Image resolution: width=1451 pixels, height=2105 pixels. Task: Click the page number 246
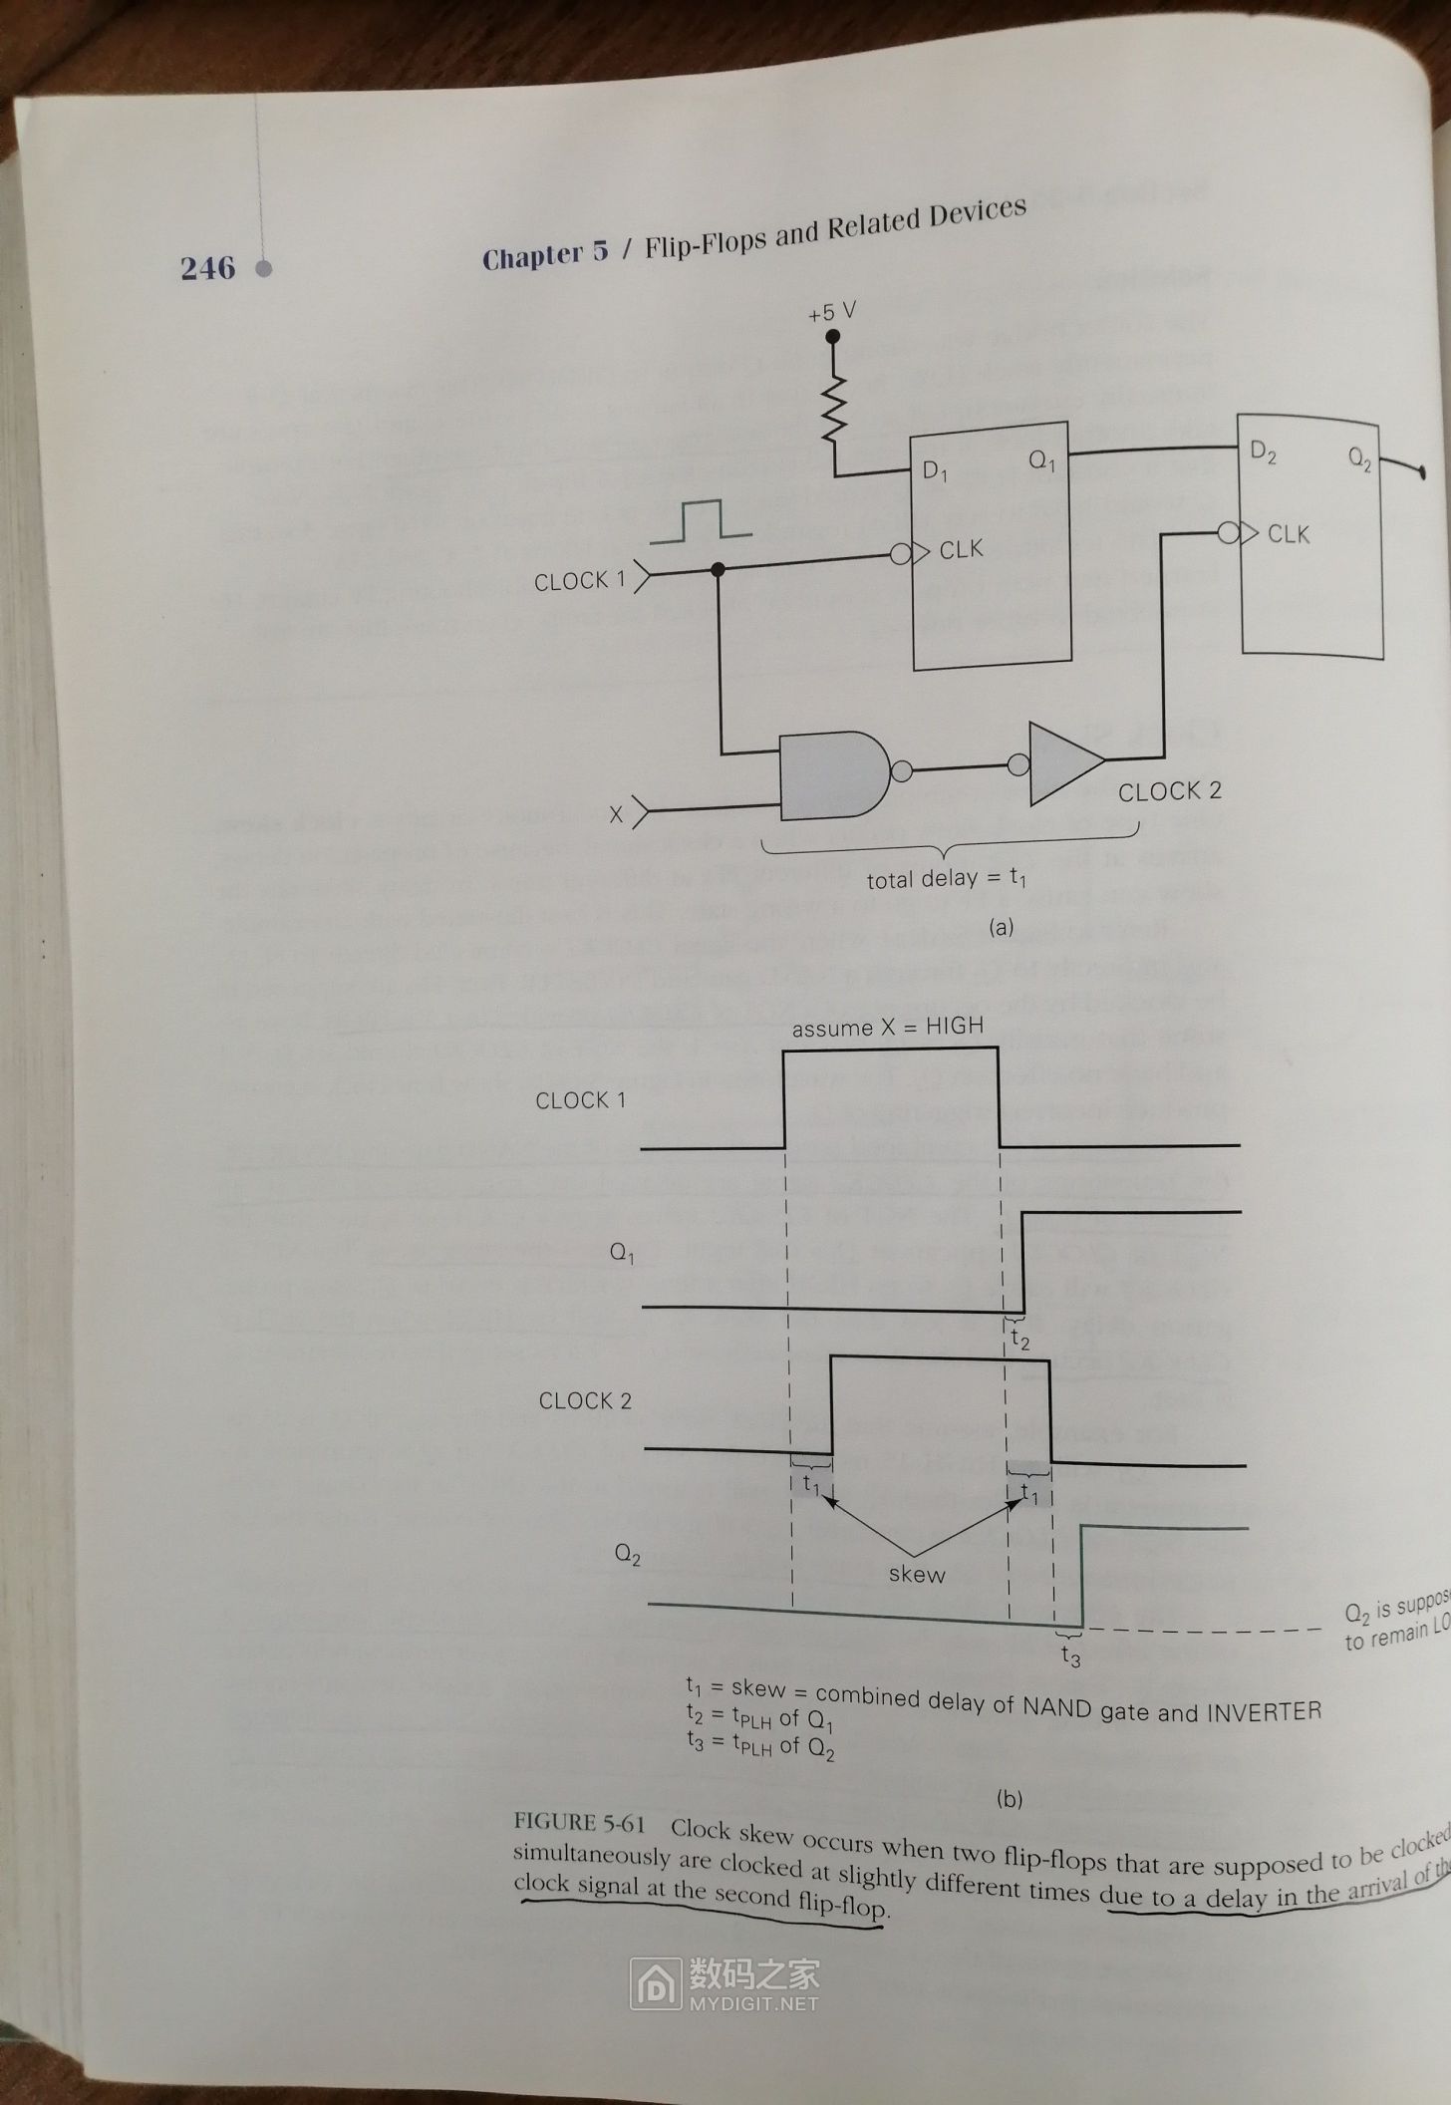click(x=207, y=268)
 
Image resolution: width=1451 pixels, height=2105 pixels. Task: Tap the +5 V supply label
click(x=832, y=312)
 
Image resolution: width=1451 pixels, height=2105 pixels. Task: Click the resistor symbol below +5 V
click(x=833, y=410)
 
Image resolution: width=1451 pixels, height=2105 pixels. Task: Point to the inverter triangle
click(x=1063, y=762)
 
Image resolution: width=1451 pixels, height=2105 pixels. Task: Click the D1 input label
click(x=935, y=471)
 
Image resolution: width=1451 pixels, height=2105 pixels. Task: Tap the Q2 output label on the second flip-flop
click(x=1359, y=458)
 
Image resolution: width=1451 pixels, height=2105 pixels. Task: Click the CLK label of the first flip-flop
click(x=961, y=549)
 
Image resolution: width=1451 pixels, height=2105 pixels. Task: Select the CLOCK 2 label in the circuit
click(x=1169, y=791)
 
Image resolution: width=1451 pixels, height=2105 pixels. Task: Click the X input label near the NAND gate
click(x=617, y=814)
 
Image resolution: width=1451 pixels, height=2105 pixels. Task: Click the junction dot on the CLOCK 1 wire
click(x=718, y=569)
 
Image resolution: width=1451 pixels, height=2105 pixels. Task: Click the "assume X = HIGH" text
click(x=887, y=1027)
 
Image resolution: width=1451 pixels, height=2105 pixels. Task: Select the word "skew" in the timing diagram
click(x=916, y=1574)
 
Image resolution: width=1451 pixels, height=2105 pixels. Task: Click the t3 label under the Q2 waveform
click(x=1070, y=1655)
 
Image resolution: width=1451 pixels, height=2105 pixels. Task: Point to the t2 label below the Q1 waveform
click(x=1019, y=1340)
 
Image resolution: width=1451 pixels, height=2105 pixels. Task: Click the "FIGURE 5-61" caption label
click(x=579, y=1823)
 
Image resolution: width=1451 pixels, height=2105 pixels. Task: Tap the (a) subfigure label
click(x=1000, y=927)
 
